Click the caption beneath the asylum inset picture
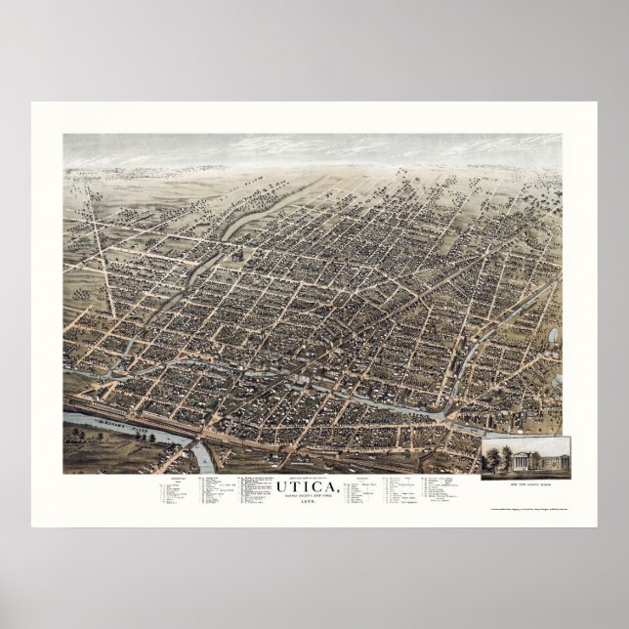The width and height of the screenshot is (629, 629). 524,482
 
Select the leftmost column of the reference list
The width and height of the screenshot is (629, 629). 173,494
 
